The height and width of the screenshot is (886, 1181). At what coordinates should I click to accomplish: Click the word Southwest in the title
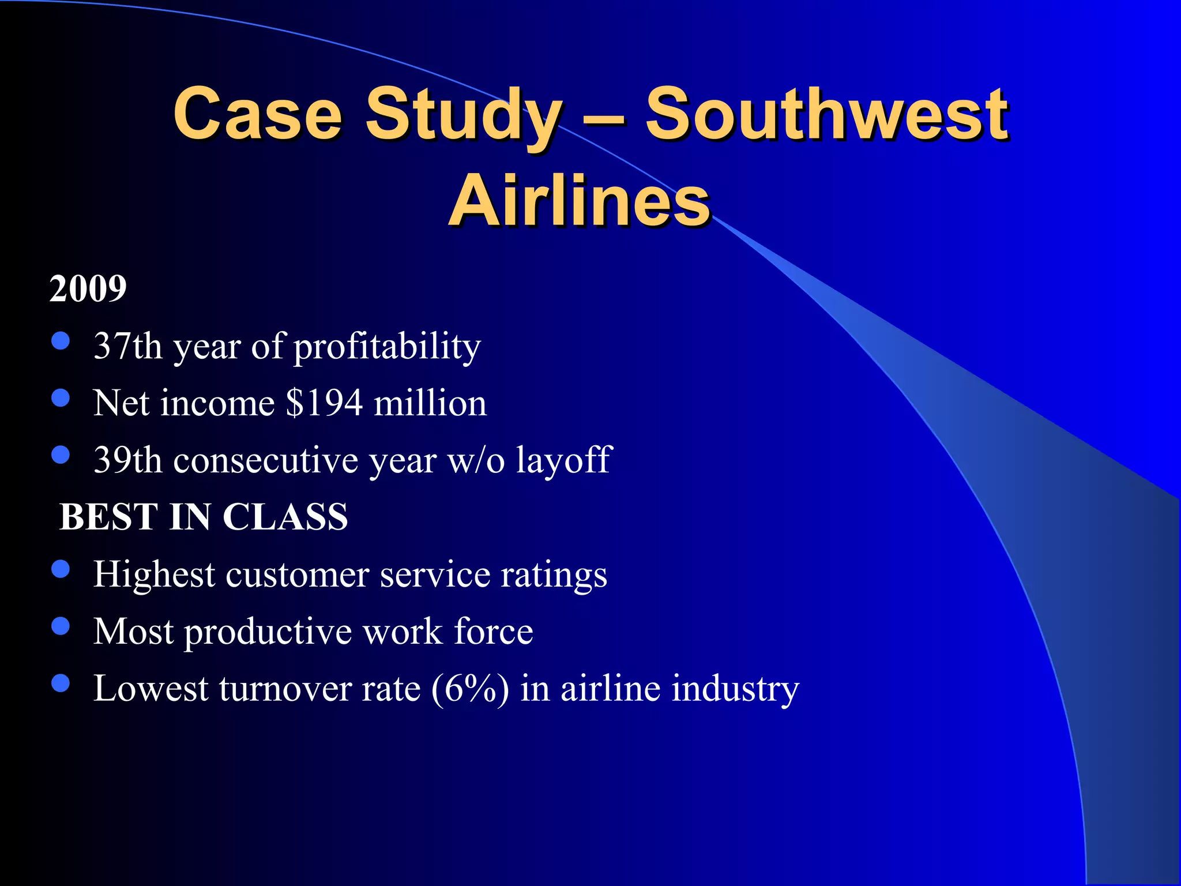(826, 114)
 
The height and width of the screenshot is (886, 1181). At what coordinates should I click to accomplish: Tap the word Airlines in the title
(579, 201)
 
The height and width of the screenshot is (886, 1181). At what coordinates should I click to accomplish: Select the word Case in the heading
(258, 114)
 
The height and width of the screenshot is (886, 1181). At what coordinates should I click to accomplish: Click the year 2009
(88, 288)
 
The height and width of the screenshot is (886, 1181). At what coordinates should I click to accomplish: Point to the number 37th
(127, 346)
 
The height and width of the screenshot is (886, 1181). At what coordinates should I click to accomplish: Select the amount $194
(324, 403)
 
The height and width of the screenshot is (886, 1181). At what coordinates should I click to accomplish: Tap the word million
(430, 403)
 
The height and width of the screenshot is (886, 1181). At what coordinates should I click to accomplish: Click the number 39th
(127, 460)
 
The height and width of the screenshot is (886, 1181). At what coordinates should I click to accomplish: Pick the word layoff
(563, 460)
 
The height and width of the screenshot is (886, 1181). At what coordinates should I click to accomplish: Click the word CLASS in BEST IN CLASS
(285, 516)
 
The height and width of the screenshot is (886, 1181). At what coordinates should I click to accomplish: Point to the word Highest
(154, 575)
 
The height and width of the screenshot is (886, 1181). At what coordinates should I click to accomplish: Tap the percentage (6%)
(469, 688)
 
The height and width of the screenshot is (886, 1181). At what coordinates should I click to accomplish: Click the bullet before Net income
(61, 398)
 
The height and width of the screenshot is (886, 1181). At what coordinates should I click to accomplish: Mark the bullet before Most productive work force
(61, 626)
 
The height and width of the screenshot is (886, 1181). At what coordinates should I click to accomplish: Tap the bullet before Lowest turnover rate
(61, 684)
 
